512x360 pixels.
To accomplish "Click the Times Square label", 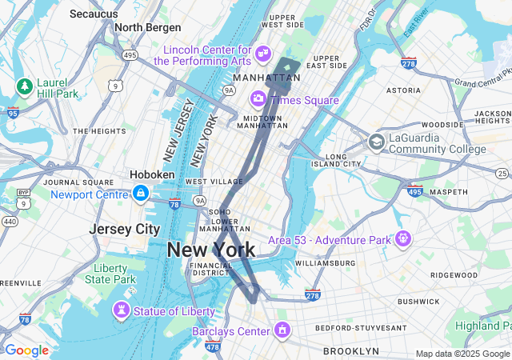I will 304,99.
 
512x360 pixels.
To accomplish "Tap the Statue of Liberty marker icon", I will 121,309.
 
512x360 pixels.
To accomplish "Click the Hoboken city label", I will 152,174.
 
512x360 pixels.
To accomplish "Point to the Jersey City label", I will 124,229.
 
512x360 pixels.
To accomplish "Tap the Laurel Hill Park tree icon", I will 25,85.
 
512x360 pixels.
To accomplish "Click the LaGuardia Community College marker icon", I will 376,142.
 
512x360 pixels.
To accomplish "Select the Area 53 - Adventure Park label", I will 328,239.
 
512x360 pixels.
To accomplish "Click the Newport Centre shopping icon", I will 141,194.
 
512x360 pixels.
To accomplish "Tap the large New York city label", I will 211,250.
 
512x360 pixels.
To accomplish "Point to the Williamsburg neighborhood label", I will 324,262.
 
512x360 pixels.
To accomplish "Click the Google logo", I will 26,350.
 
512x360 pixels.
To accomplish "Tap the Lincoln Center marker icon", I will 263,54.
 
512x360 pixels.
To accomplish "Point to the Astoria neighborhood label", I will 403,90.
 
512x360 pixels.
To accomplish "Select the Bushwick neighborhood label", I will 418,302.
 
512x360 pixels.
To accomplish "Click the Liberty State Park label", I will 115,274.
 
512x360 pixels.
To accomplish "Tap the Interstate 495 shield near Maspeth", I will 414,190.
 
